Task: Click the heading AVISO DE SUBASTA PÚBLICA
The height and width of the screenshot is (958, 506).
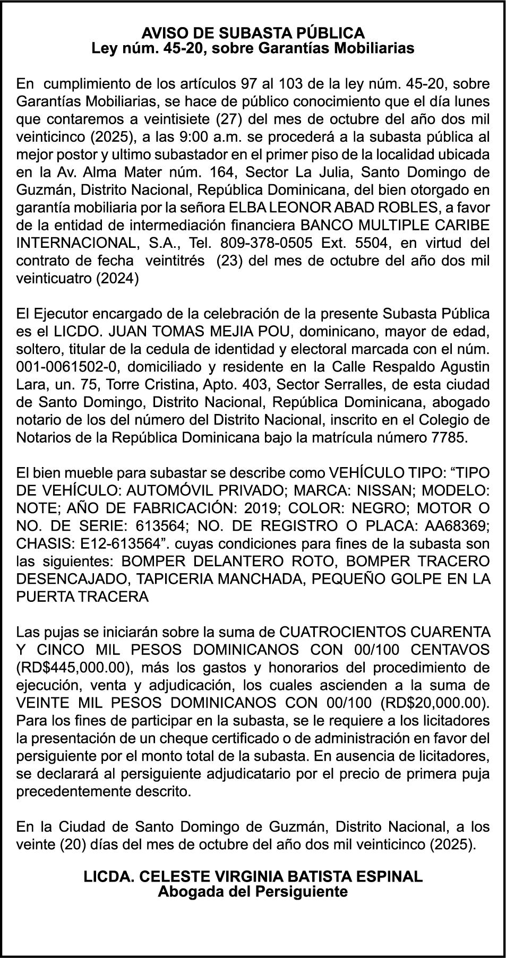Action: pos(253,33)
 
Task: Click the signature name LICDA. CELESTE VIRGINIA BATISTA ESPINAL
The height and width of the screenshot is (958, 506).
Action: pos(253,877)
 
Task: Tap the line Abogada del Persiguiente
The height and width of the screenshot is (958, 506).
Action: pos(253,892)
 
